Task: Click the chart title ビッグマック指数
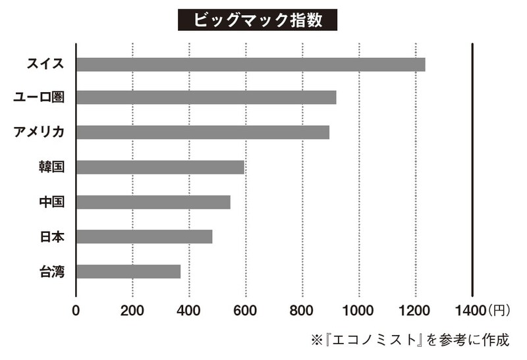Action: point(258,20)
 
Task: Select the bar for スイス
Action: point(250,64)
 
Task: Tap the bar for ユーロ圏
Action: point(206,97)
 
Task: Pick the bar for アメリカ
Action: point(202,132)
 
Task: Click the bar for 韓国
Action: point(160,167)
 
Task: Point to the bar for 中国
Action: point(153,201)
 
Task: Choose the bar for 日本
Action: point(144,236)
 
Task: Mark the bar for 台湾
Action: point(128,270)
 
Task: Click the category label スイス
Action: point(45,64)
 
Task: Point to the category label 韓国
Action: point(51,167)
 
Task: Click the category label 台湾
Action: point(51,270)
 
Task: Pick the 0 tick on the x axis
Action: point(76,309)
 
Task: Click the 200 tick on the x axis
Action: point(132,309)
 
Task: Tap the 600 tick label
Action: point(246,309)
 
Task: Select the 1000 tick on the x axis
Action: point(359,309)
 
